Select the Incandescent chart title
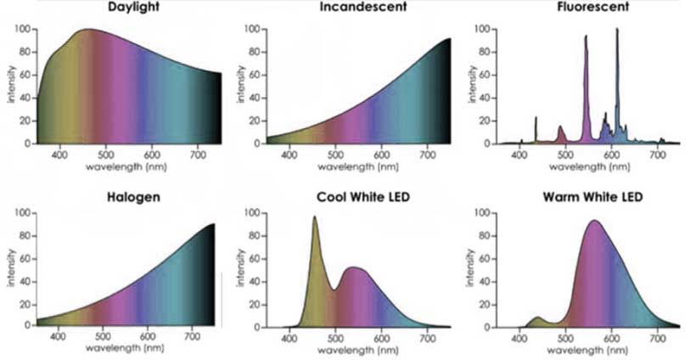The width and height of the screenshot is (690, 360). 362,8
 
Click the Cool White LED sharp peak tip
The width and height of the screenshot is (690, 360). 315,217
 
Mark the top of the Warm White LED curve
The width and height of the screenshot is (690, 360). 594,221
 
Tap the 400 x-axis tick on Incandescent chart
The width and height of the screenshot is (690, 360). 289,155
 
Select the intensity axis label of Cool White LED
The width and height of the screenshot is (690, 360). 245,267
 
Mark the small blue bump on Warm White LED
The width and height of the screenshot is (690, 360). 536,318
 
